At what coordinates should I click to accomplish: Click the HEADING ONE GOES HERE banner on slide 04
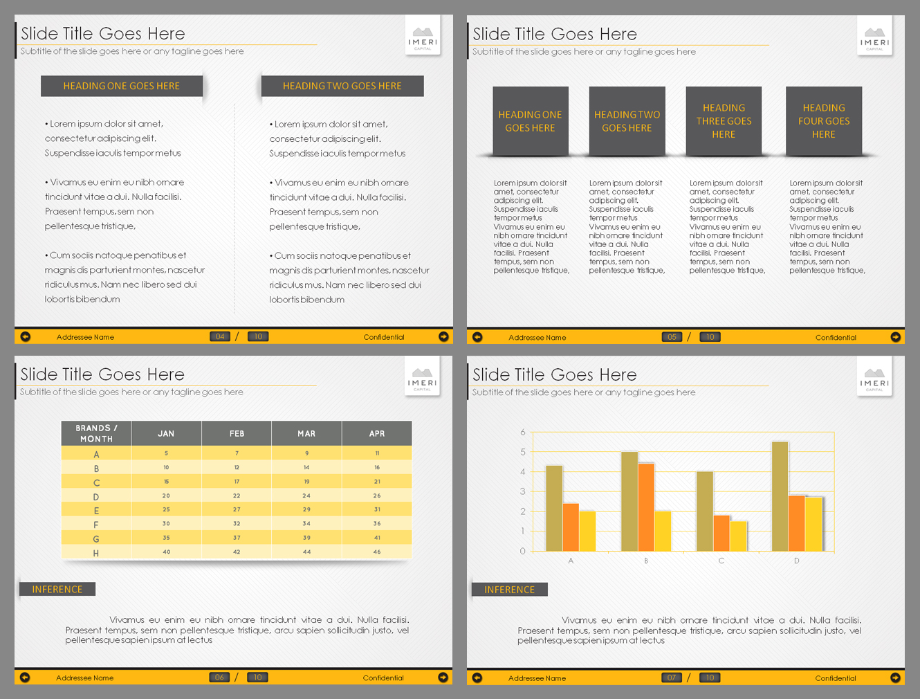(x=122, y=86)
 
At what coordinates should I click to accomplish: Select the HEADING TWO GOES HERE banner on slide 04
(x=342, y=86)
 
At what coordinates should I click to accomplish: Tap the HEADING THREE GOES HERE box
(x=724, y=121)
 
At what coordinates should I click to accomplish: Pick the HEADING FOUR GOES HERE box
(x=823, y=121)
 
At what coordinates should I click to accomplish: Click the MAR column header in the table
(x=306, y=434)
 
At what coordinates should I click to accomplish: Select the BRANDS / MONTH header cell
(x=96, y=433)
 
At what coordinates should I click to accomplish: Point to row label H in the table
(x=96, y=553)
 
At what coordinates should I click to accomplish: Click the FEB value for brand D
(x=237, y=496)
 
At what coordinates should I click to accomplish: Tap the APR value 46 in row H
(x=377, y=552)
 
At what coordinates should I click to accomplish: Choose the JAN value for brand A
(x=166, y=453)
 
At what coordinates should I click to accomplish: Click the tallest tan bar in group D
(x=780, y=496)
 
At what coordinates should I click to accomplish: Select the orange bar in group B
(x=646, y=507)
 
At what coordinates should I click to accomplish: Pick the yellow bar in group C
(x=738, y=536)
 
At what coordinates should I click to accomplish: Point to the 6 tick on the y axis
(x=523, y=433)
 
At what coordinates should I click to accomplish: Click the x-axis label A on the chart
(x=571, y=561)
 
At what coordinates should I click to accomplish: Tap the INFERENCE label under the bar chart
(x=509, y=590)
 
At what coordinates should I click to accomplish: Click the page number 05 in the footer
(x=672, y=337)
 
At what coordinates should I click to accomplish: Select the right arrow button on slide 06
(x=443, y=678)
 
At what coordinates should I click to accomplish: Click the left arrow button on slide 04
(x=26, y=337)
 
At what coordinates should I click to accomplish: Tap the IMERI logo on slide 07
(x=874, y=378)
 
